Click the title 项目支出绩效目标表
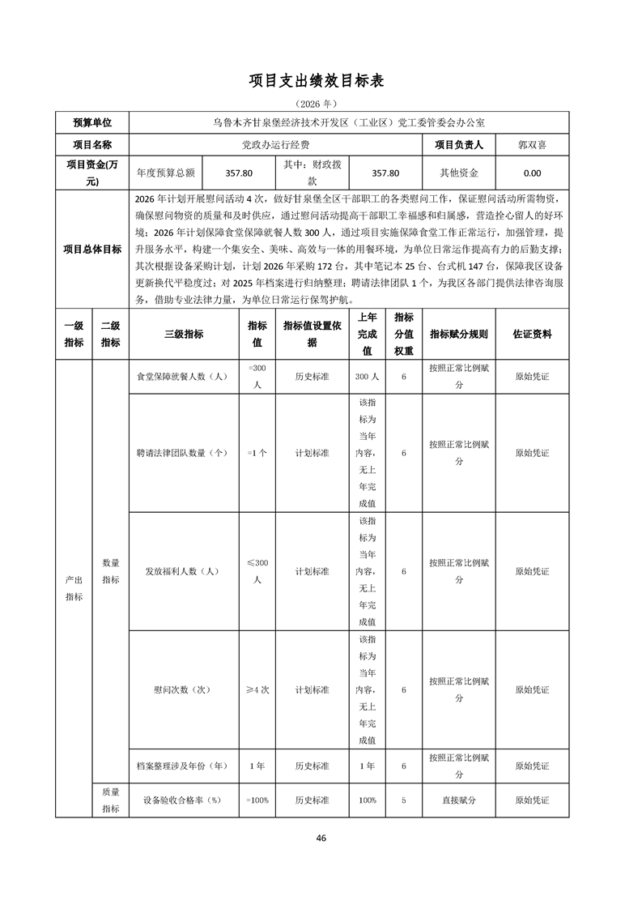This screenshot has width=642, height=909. (x=321, y=81)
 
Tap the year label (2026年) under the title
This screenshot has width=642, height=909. (x=321, y=104)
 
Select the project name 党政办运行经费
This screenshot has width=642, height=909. (x=276, y=145)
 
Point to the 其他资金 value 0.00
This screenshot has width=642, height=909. (x=532, y=173)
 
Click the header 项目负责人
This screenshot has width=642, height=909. (x=459, y=145)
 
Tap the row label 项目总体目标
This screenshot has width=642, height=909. (x=92, y=250)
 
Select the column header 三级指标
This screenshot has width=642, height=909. (x=184, y=334)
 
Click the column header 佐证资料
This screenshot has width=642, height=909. (x=532, y=334)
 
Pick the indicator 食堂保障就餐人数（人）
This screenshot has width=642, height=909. (x=184, y=377)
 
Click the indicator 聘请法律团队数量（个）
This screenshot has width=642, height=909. (x=184, y=453)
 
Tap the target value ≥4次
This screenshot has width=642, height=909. (x=257, y=689)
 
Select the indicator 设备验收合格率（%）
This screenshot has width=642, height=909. (x=184, y=800)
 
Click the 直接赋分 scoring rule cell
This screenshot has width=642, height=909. (x=459, y=800)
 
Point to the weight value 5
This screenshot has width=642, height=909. (x=403, y=800)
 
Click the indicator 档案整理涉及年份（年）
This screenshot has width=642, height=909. (x=184, y=766)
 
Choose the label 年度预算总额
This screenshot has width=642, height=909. (x=166, y=173)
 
